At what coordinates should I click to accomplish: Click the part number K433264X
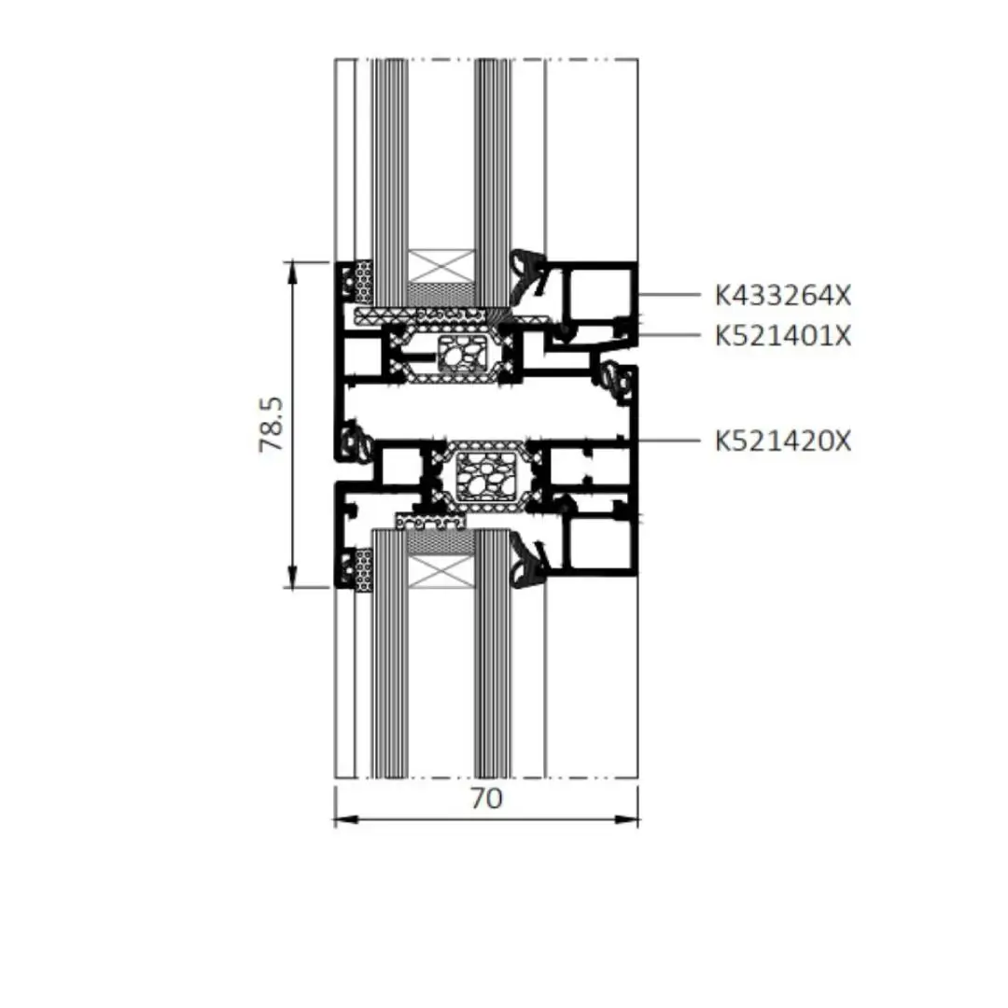[783, 295]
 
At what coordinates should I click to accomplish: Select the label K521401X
[783, 336]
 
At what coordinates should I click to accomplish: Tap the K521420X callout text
[783, 441]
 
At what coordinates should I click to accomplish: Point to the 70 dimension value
[486, 798]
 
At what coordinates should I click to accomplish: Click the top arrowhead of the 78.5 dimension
[292, 273]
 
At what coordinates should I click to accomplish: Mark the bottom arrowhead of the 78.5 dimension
[292, 577]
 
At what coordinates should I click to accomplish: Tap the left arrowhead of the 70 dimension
[346, 819]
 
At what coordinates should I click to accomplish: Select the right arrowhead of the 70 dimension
[626, 819]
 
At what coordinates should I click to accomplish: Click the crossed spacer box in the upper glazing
[441, 266]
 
